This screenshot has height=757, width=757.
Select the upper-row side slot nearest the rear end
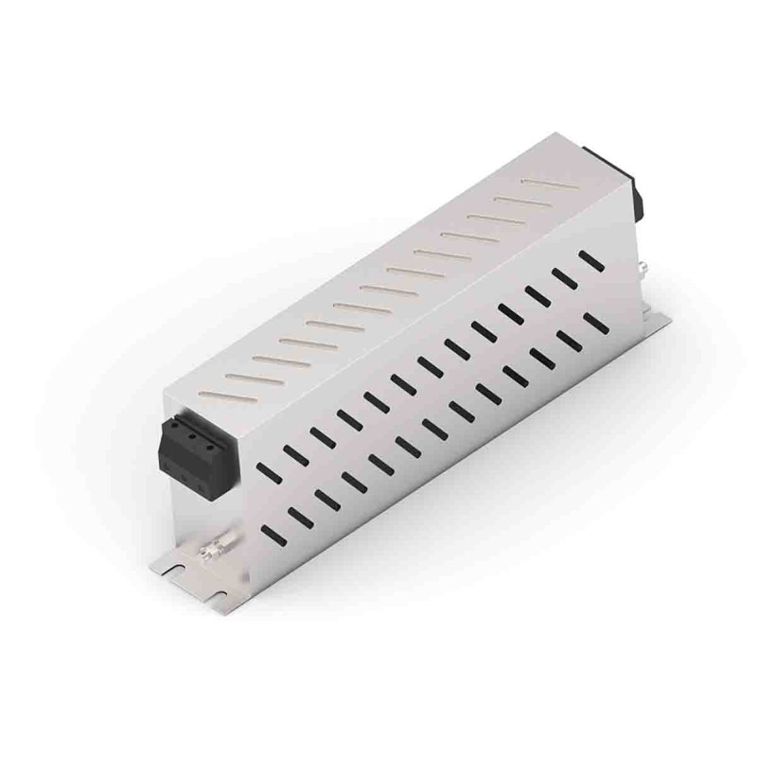pyautogui.click(x=591, y=258)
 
